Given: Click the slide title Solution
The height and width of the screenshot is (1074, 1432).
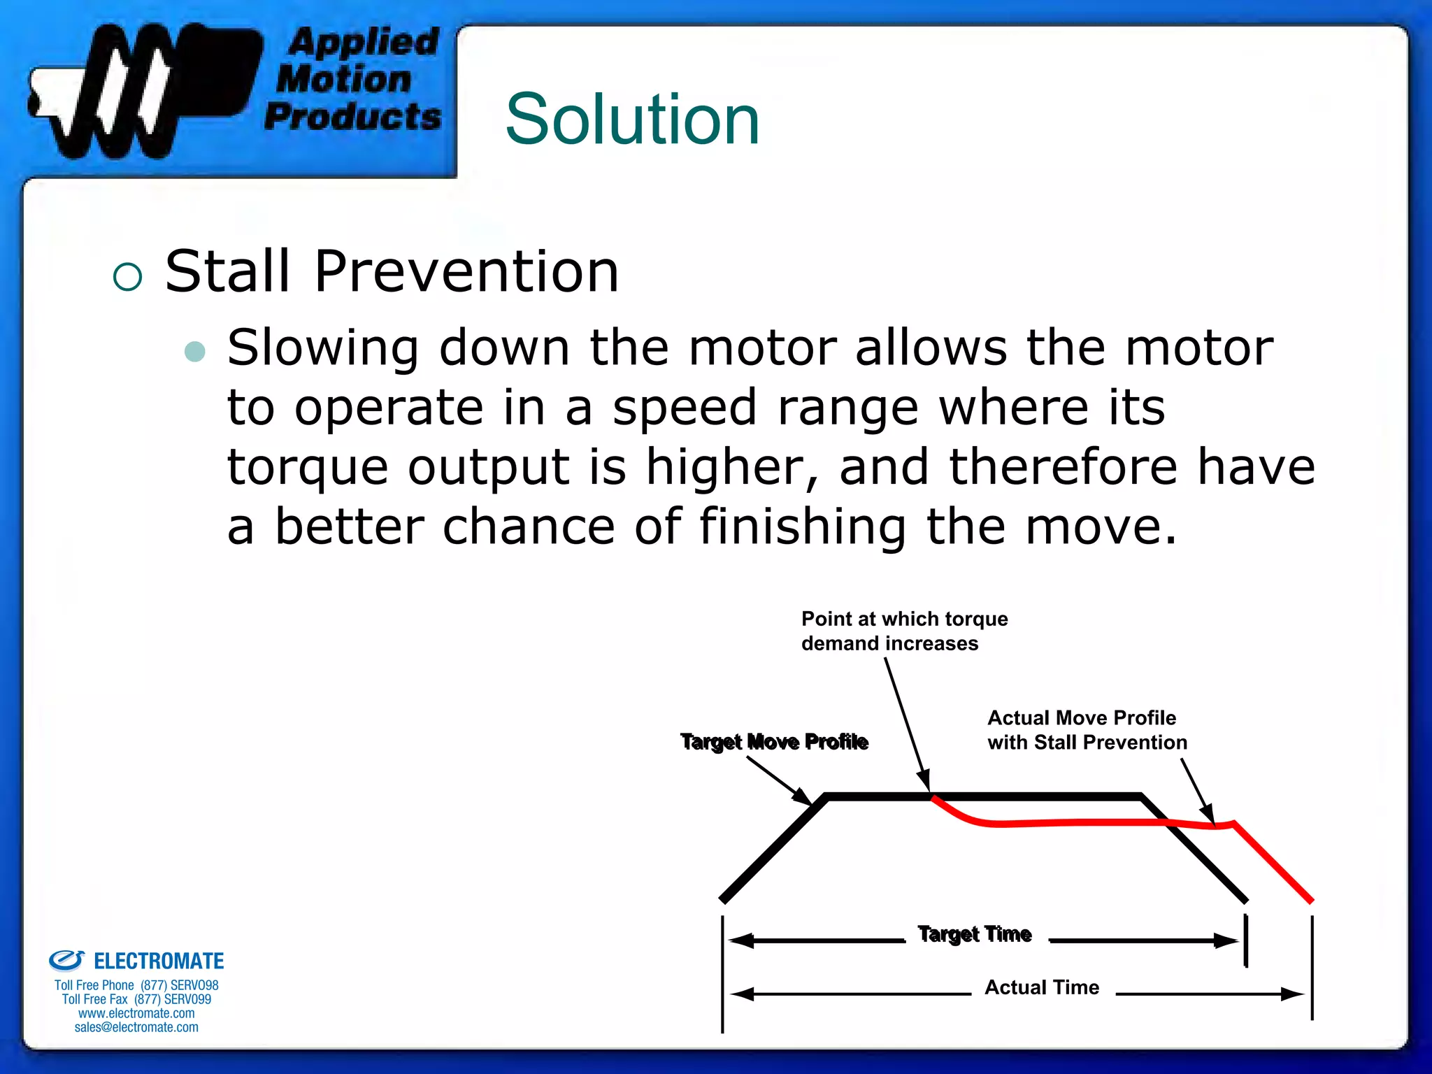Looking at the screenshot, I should [632, 120].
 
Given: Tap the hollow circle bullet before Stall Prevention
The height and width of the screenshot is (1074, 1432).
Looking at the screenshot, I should [127, 277].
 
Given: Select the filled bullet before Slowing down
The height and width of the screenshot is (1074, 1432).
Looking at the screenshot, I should [195, 351].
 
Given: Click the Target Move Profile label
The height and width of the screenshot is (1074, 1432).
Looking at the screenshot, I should [774, 742].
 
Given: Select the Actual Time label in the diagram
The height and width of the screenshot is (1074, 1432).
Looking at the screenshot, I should [1042, 987].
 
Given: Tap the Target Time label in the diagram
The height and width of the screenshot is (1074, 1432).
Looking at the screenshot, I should [975, 934].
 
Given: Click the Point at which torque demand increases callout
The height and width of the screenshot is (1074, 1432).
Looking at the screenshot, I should [903, 631].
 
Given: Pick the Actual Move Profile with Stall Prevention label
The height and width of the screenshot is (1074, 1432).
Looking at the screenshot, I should [1087, 730].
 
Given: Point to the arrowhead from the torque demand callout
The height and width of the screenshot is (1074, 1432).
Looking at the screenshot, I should [925, 781].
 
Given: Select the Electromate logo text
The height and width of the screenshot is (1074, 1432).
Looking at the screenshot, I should [158, 961].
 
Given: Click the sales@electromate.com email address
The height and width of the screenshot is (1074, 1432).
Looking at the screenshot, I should [136, 1027].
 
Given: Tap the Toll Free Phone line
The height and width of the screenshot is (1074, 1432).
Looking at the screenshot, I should [136, 985].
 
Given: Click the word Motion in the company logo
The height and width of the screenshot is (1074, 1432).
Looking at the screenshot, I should [344, 79].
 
